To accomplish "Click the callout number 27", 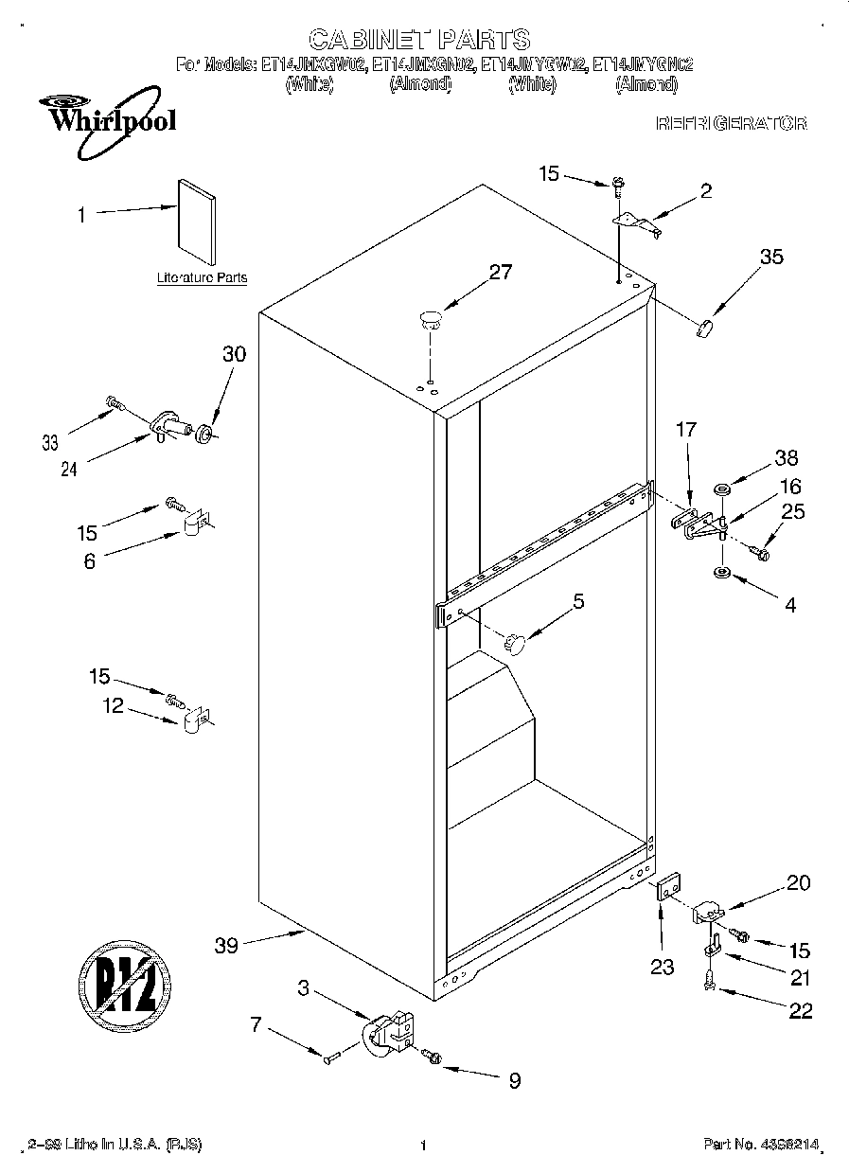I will [500, 273].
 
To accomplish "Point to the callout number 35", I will [771, 256].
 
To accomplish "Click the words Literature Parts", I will [202, 278].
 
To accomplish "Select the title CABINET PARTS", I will [419, 39].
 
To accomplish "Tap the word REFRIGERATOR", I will [731, 124].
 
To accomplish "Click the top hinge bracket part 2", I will [637, 222].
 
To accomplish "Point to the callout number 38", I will [786, 459].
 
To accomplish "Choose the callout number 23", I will [662, 967].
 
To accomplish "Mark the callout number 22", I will [800, 1011].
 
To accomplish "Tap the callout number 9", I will [514, 1080].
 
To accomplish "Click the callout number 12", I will [114, 705].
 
